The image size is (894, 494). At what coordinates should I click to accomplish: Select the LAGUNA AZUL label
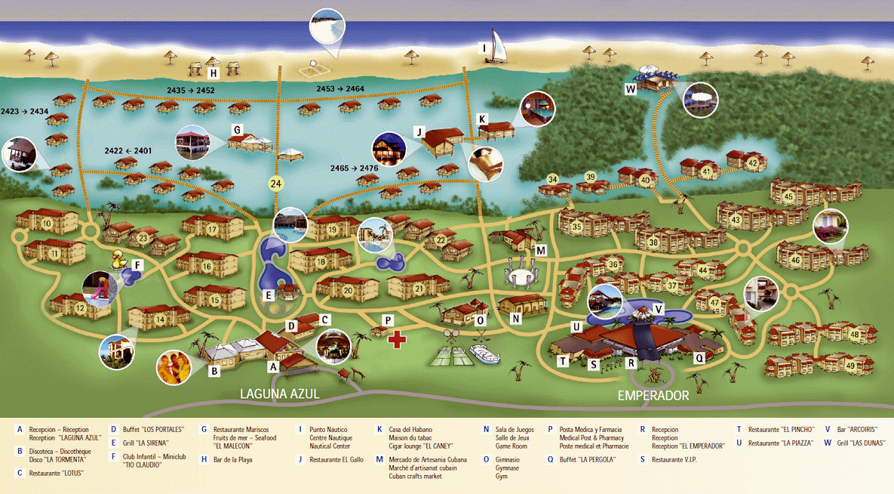280,394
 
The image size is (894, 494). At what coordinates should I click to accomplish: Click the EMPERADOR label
653,395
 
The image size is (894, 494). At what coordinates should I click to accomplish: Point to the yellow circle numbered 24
275,184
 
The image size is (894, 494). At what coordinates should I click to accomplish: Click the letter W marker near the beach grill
631,88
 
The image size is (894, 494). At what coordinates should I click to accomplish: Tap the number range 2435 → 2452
191,91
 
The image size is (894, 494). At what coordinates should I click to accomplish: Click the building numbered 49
851,366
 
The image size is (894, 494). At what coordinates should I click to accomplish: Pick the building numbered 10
47,223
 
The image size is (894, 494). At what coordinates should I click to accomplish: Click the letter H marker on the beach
214,73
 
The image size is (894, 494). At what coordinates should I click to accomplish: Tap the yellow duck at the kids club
118,261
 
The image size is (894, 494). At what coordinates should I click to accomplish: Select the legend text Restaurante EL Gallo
336,459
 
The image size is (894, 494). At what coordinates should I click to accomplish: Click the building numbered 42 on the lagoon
752,162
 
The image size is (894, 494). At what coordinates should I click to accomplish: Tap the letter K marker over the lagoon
483,118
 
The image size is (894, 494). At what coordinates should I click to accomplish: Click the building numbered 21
419,289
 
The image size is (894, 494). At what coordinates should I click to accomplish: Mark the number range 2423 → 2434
25,111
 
